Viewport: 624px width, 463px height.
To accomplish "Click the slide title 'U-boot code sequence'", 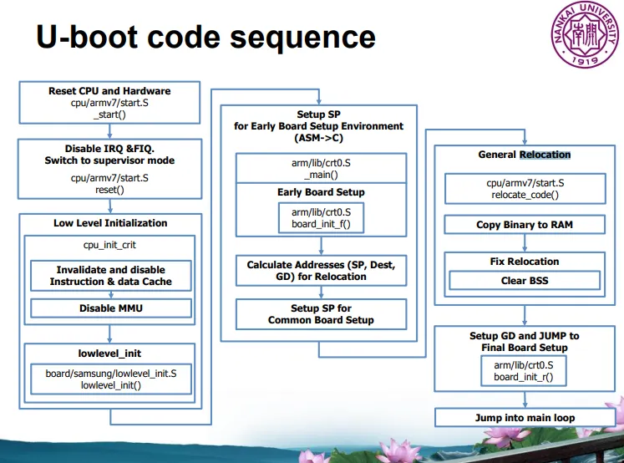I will tap(205, 37).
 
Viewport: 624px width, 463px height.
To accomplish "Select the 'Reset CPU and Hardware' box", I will tap(109, 103).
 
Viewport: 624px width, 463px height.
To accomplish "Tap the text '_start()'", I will tap(109, 114).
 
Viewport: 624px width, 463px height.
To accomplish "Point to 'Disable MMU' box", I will tap(109, 308).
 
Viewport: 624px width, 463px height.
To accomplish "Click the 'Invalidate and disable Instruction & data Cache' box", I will tap(110, 276).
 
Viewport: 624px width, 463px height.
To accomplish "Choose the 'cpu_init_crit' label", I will tap(109, 247).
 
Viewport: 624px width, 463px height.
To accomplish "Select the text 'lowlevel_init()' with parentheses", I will tap(109, 385).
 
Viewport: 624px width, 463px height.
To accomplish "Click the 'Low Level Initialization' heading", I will tap(110, 223).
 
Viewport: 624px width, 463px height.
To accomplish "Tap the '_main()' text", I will tap(321, 175).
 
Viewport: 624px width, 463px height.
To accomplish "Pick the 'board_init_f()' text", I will tap(321, 224).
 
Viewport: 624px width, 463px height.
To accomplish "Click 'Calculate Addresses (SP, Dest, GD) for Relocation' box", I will tap(321, 270).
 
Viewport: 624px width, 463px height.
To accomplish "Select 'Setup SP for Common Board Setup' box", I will tap(321, 313).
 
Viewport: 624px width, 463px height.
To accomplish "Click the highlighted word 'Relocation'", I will tap(545, 155).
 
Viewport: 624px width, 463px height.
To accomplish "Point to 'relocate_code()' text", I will tap(525, 194).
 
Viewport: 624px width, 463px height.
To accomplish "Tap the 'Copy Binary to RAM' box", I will tap(525, 225).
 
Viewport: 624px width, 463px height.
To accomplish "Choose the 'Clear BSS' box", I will tap(525, 281).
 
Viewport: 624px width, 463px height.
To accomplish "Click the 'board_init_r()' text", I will tap(524, 377).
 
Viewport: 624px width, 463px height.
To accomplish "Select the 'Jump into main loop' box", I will tap(525, 417).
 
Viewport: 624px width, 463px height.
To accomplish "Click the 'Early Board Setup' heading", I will tap(321, 192).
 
